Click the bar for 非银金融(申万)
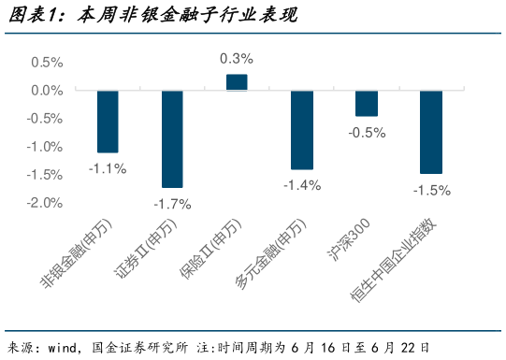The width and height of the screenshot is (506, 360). (108, 122)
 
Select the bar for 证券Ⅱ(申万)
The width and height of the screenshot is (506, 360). (172, 138)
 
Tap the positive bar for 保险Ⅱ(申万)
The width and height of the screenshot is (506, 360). (237, 82)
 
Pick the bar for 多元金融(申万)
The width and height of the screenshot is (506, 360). (301, 130)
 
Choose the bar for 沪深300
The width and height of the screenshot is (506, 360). (366, 104)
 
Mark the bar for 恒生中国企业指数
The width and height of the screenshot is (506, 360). (430, 132)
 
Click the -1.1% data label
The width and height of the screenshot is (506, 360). (108, 168)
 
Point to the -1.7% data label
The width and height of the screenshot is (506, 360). (172, 204)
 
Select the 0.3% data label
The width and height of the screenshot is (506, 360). (237, 58)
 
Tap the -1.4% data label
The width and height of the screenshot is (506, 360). (301, 185)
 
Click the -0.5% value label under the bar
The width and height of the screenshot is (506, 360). (367, 133)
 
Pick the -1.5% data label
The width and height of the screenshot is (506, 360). (431, 190)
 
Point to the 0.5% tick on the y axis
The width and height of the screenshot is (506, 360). (47, 63)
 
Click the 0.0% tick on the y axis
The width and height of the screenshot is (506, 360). (47, 91)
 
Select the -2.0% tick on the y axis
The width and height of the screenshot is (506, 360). (44, 203)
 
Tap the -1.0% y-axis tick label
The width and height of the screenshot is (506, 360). (44, 147)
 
